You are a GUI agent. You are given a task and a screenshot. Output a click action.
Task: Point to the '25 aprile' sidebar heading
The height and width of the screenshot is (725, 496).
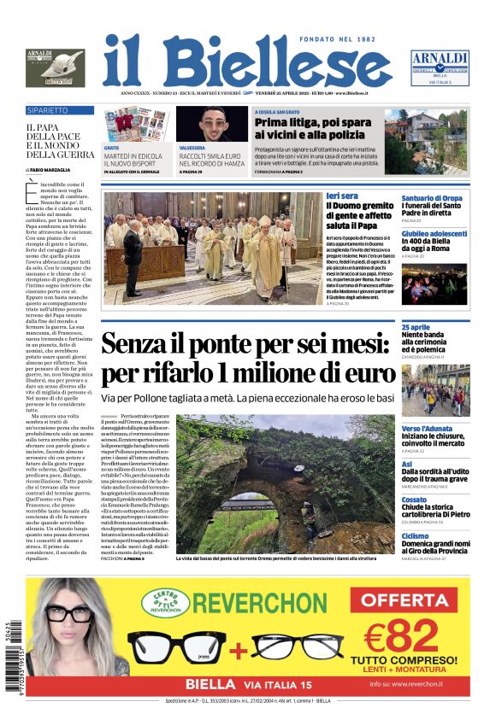[440, 327]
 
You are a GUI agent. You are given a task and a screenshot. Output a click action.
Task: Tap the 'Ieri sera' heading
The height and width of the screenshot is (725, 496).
[342, 196]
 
